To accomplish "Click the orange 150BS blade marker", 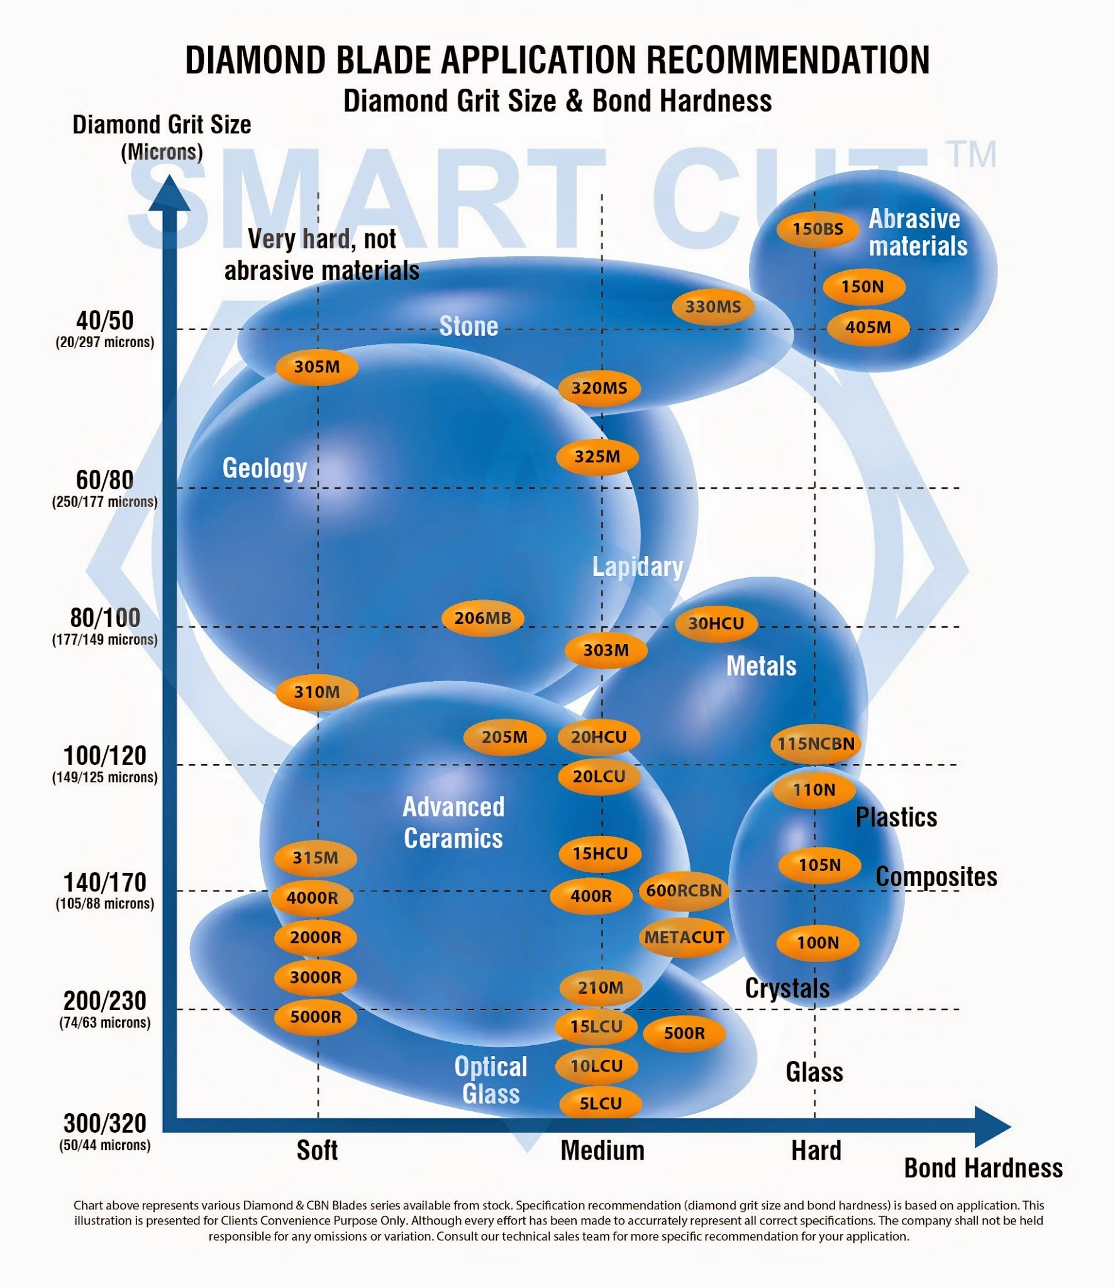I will tap(818, 229).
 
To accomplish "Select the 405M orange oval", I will tap(868, 327).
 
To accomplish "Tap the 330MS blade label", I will tap(713, 307).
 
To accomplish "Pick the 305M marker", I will tap(317, 367).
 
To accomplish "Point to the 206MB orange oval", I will tap(483, 618).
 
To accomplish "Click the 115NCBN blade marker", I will tap(816, 743).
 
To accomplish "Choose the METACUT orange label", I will tap(684, 937).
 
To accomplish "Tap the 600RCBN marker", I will tap(684, 891).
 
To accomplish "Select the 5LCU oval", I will tap(601, 1104).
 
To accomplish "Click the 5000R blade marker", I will tap(316, 1016).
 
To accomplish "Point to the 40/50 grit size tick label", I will tap(105, 321).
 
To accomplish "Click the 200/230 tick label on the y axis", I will tap(105, 1001).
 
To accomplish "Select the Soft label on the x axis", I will tap(317, 1151).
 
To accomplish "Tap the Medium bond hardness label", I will tap(602, 1151).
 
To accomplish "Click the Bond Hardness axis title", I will tap(983, 1169).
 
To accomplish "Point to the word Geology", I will tap(265, 469).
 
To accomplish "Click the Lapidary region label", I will tap(638, 567).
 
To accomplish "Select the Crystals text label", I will tap(787, 989).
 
